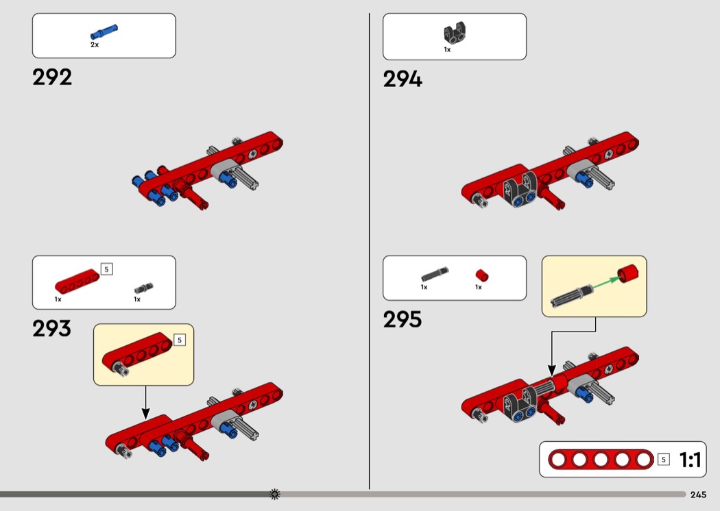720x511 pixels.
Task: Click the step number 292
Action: (52, 77)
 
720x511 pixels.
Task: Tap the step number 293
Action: (52, 329)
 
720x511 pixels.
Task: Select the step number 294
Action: (403, 80)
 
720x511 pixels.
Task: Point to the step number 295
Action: (403, 320)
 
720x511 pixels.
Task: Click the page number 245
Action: (699, 495)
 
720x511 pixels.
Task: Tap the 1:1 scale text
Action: (690, 460)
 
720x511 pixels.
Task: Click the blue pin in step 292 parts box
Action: (104, 33)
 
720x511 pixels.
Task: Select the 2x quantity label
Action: (95, 45)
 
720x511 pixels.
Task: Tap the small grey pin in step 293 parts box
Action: (143, 287)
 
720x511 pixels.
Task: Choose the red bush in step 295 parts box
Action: (482, 275)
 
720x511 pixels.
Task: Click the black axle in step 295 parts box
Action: (433, 275)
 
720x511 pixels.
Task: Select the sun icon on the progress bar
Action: (275, 494)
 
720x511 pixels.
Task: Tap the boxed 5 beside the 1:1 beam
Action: (663, 460)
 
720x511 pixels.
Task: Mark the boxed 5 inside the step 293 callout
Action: (180, 340)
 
